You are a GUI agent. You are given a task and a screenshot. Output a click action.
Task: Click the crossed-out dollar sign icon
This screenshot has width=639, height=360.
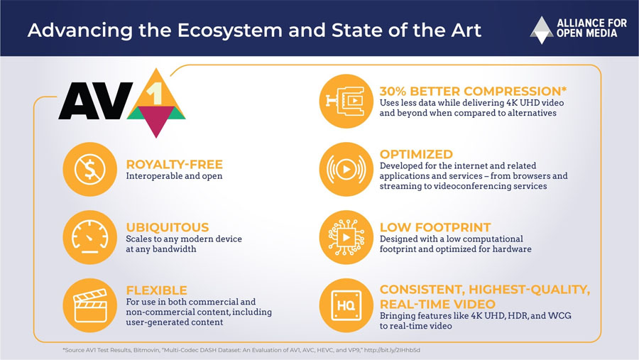pos(90,169)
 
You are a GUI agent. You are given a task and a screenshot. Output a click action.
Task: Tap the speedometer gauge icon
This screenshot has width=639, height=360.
pos(90,237)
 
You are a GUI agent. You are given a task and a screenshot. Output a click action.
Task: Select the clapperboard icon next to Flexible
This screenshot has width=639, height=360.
pos(90,305)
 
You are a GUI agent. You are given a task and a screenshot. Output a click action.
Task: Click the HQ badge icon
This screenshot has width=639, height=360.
pos(346,305)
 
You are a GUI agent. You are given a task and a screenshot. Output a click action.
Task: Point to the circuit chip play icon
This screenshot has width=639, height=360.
pos(346,237)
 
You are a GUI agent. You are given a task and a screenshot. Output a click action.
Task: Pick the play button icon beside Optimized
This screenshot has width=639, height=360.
pos(346,169)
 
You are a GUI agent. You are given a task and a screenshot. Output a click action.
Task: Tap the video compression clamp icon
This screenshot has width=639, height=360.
pos(346,101)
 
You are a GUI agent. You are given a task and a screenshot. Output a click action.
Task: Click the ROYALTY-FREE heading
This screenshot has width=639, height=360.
pos(175,164)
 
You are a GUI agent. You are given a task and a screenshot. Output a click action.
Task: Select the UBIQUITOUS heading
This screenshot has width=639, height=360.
pos(168,227)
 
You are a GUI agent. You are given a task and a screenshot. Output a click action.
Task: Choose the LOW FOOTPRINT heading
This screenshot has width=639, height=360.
pos(435,227)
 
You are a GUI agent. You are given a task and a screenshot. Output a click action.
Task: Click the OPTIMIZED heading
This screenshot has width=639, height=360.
pos(416,154)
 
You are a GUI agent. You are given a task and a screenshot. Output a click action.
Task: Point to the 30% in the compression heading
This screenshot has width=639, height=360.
pos(393,91)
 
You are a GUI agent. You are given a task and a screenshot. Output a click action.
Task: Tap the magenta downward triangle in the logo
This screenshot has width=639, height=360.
pos(155,119)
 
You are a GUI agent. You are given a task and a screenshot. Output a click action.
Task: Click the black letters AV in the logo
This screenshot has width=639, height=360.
pos(96,101)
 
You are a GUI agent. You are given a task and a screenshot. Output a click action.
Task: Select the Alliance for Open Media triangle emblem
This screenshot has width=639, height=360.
pos(542,30)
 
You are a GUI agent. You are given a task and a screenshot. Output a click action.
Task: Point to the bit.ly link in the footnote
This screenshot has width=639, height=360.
pos(392,350)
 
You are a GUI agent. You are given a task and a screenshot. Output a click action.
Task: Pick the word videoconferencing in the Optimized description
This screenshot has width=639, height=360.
pos(467,186)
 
